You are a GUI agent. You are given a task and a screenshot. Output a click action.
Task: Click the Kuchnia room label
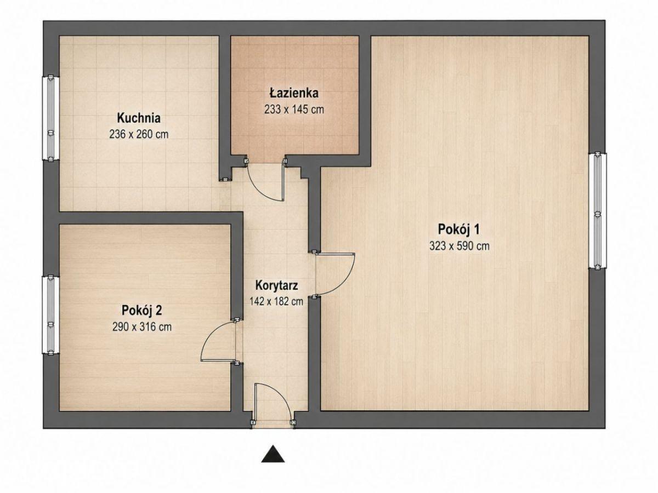point(139,118)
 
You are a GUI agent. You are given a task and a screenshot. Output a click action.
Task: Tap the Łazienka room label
point(294,93)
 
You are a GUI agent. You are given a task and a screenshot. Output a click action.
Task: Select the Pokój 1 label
point(458,230)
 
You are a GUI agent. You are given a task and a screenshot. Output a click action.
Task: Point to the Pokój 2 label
point(141,310)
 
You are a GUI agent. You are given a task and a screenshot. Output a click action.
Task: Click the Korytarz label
point(276,285)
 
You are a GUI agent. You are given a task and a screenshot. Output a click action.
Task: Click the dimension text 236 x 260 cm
point(139,134)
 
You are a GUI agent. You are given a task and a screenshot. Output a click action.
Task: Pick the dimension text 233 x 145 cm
point(294,109)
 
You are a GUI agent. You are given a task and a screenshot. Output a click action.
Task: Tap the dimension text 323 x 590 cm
point(460,246)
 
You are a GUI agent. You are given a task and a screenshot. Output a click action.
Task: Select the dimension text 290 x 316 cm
point(142,326)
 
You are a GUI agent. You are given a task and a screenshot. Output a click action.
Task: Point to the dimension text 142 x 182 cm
point(276,301)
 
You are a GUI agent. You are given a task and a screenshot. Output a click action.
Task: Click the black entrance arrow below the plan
point(273,454)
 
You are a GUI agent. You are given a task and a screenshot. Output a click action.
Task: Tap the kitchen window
point(51,118)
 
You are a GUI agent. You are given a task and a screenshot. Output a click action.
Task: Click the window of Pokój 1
point(597,211)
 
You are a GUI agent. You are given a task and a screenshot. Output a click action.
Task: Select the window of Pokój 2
point(51,316)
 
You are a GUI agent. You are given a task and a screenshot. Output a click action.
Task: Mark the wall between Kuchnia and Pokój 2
point(150,217)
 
